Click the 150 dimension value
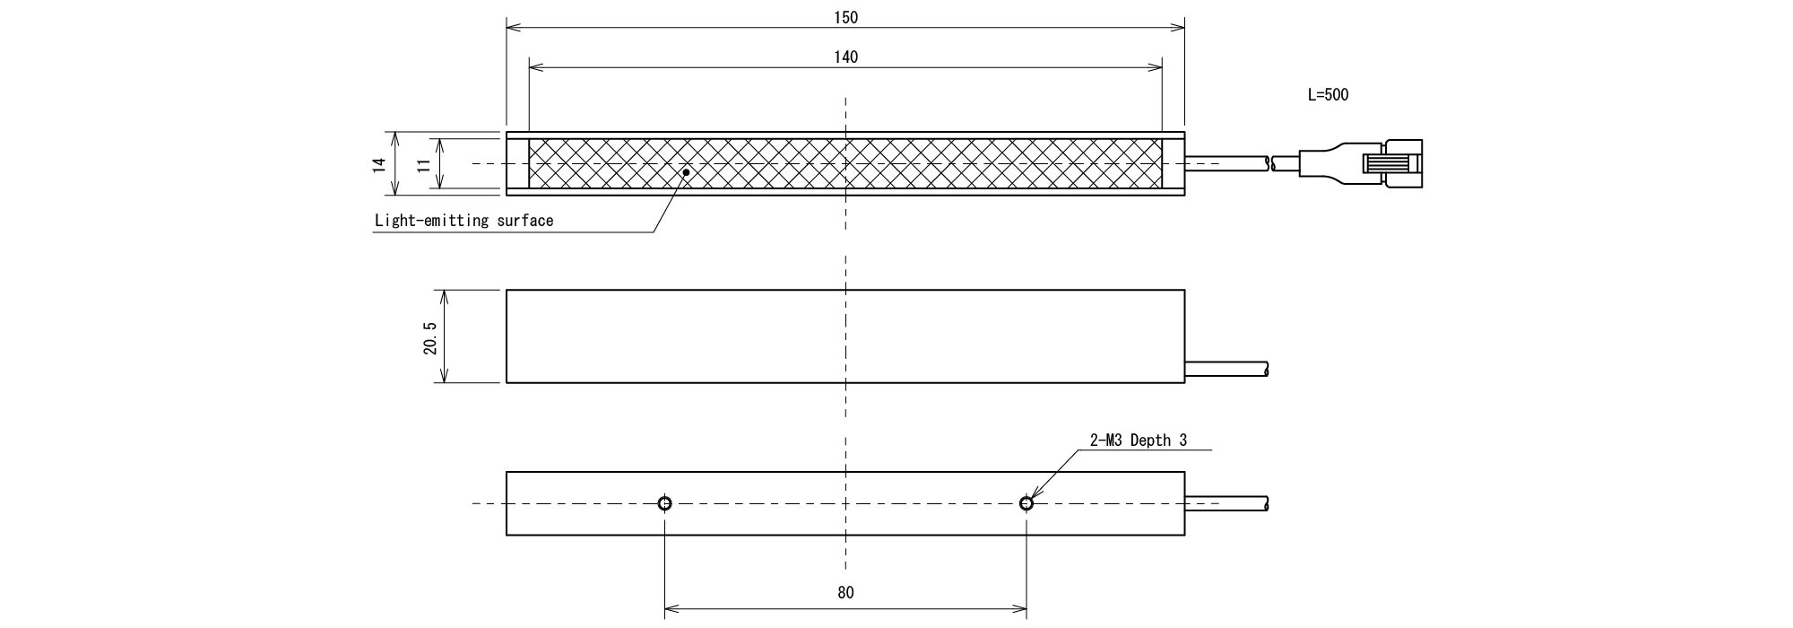[x=845, y=17]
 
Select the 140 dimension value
[x=845, y=57]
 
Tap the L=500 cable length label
[x=1328, y=94]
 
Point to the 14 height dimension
[x=379, y=163]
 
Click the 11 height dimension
[x=423, y=163]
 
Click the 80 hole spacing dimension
[x=845, y=592]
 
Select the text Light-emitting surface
[x=463, y=221]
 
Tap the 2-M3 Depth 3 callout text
[x=1139, y=440]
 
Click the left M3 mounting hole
[x=664, y=503]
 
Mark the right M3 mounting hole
[x=1026, y=503]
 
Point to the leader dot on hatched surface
[x=686, y=171]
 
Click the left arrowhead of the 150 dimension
[x=514, y=27]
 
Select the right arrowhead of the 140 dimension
[x=1155, y=67]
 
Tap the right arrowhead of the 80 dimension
[x=1018, y=610]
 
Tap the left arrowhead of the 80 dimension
[x=672, y=610]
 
